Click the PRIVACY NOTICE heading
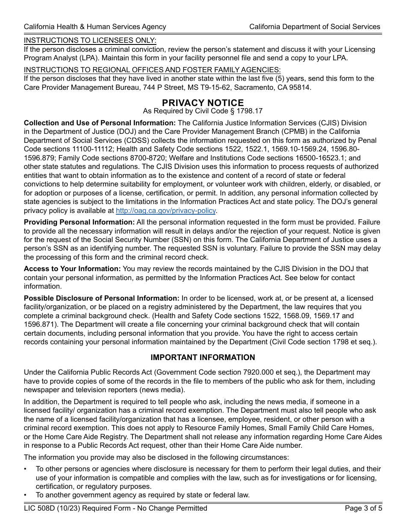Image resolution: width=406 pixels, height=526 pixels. (203, 103)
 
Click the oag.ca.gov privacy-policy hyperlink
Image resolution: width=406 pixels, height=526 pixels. (166, 210)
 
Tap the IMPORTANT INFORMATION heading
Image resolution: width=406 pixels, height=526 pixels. (203, 358)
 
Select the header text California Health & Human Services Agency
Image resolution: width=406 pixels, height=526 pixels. (95, 27)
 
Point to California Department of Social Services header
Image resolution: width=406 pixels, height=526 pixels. (315, 27)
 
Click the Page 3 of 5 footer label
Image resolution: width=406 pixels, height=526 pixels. (363, 508)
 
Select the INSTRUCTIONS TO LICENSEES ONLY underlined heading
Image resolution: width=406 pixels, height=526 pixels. (90, 41)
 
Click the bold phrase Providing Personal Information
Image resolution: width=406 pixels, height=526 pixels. (79, 222)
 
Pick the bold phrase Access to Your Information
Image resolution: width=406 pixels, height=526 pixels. (72, 269)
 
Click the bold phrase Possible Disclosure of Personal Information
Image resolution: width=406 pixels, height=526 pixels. (102, 298)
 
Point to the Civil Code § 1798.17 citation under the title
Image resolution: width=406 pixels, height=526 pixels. (203, 111)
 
